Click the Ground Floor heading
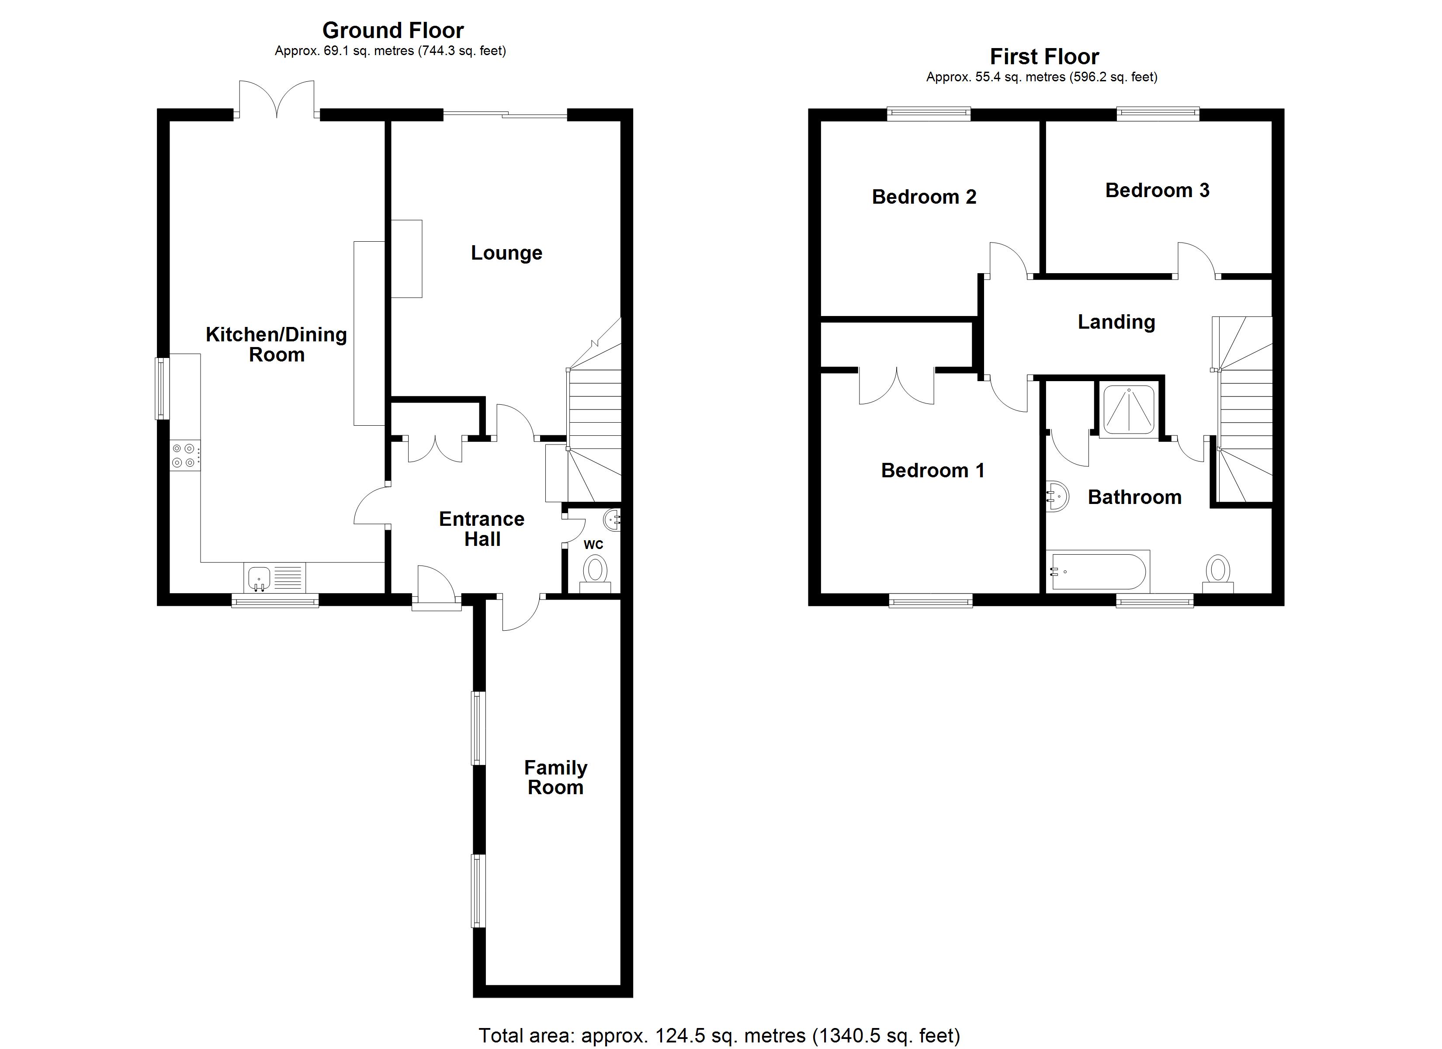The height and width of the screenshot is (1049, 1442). pyautogui.click(x=392, y=31)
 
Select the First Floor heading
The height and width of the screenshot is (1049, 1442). pyautogui.click(x=1044, y=57)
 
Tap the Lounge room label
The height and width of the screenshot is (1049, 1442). pyautogui.click(x=506, y=253)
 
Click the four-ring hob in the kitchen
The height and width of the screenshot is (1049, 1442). pyautogui.click(x=184, y=455)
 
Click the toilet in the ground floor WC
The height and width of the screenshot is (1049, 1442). pyautogui.click(x=596, y=570)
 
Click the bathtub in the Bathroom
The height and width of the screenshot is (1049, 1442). pyautogui.click(x=1098, y=571)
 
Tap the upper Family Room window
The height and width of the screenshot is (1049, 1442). pyautogui.click(x=478, y=728)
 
